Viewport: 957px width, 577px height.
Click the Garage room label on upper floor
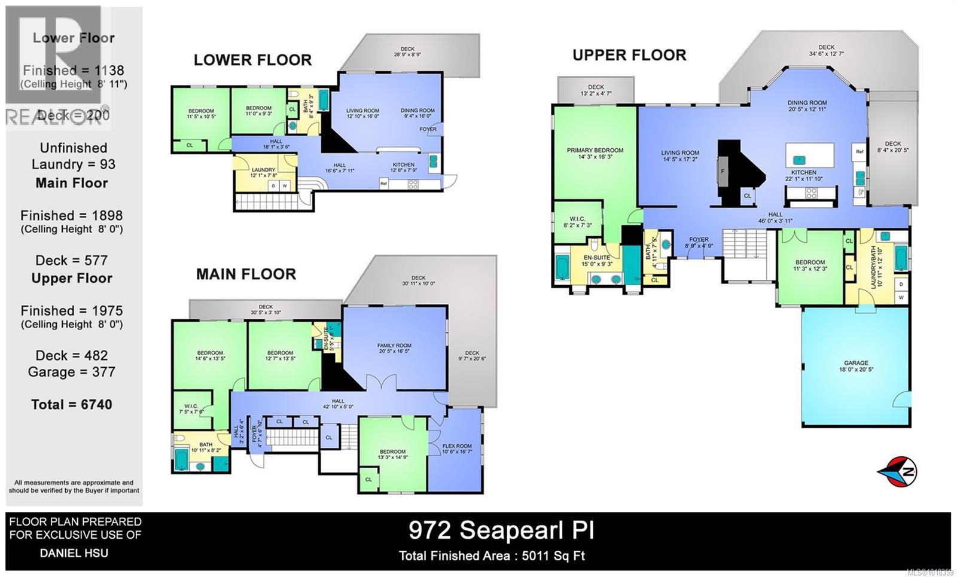pos(856,366)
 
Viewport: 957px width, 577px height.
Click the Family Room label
pos(394,349)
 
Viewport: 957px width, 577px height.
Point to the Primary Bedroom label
pos(595,153)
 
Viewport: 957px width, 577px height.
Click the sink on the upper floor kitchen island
pos(798,160)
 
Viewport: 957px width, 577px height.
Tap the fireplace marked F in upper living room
pos(723,172)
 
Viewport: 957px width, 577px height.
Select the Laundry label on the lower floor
pos(263,172)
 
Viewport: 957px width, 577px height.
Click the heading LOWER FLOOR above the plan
pos(252,60)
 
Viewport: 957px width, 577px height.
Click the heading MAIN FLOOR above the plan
pos(246,274)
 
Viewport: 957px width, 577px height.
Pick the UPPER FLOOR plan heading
pos(629,55)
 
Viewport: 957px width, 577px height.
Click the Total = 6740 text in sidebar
pos(72,404)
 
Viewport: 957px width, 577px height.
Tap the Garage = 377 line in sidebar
pos(72,372)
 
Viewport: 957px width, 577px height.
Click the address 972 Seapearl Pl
pos(501,530)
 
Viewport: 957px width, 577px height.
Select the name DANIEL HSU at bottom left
pos(74,552)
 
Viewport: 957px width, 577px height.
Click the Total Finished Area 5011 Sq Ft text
pos(492,556)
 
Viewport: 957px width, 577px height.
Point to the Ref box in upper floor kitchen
pos(859,152)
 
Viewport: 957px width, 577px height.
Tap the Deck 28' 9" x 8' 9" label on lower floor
pos(407,51)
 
